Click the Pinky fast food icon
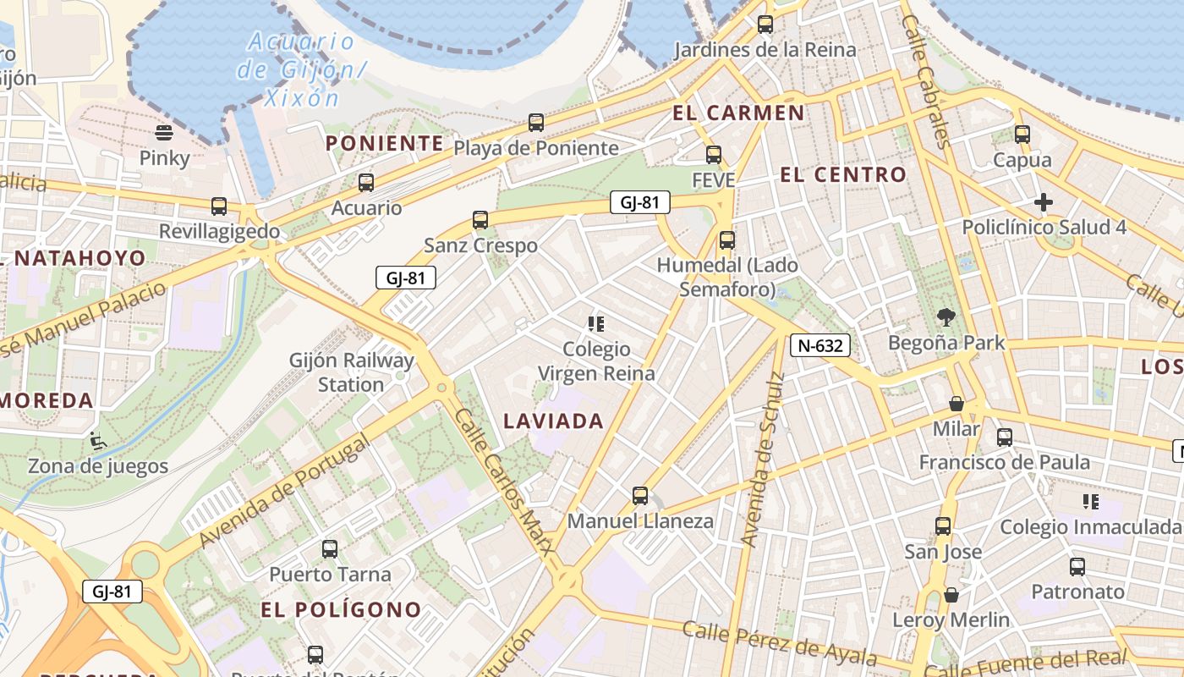pyautogui.click(x=164, y=132)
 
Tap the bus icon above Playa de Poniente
pyautogui.click(x=535, y=123)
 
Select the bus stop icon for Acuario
pyautogui.click(x=366, y=182)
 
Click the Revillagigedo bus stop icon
pyautogui.click(x=219, y=206)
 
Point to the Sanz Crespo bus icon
pyautogui.click(x=480, y=220)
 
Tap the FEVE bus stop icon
pyautogui.click(x=714, y=155)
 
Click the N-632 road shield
pyautogui.click(x=819, y=345)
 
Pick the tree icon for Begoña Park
pyautogui.click(x=946, y=317)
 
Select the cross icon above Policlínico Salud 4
pyautogui.click(x=1044, y=202)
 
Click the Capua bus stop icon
pyautogui.click(x=1022, y=134)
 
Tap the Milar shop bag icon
pyautogui.click(x=957, y=404)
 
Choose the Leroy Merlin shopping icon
pyautogui.click(x=951, y=595)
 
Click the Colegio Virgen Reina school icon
pyautogui.click(x=596, y=323)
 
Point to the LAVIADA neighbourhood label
pyautogui.click(x=554, y=421)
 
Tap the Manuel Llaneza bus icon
pyautogui.click(x=640, y=496)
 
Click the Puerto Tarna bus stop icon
pyautogui.click(x=330, y=549)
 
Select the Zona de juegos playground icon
pyautogui.click(x=97, y=440)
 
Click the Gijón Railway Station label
pyautogui.click(x=352, y=372)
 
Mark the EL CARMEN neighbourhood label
pyautogui.click(x=738, y=113)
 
